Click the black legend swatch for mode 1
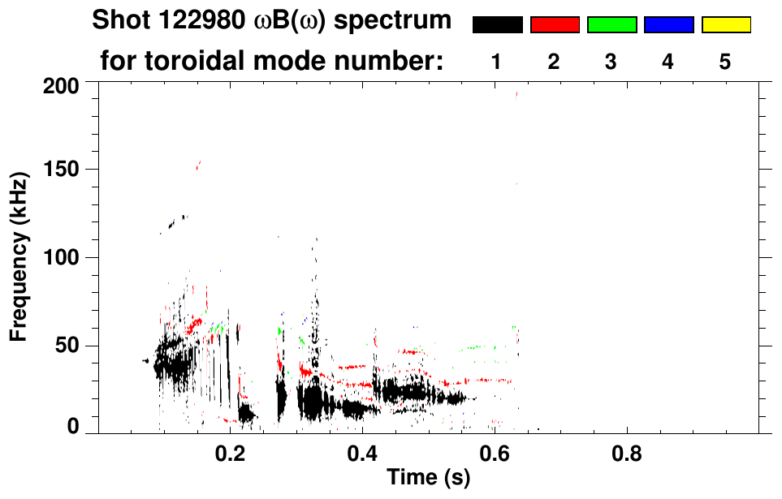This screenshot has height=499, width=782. [x=497, y=25]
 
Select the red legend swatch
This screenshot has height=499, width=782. [x=555, y=25]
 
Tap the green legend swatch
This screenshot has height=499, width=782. [x=611, y=25]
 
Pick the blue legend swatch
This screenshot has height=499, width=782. [x=668, y=25]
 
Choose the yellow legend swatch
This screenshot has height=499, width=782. [x=725, y=25]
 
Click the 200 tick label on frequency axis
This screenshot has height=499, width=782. [x=63, y=84]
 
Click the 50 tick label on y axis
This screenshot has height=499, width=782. [x=69, y=346]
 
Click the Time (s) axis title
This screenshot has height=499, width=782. [x=427, y=479]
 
